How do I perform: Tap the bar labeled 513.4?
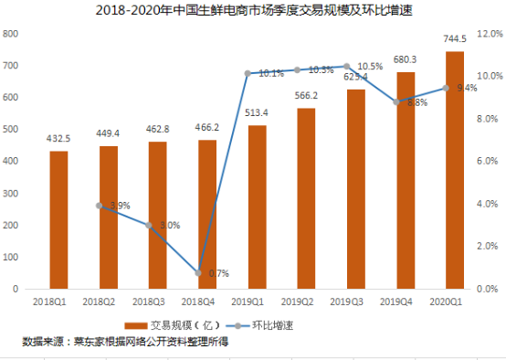tap(257, 206)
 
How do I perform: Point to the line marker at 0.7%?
tap(198, 273)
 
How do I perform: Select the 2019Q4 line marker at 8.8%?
tap(397, 102)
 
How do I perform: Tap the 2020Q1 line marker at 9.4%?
tap(447, 88)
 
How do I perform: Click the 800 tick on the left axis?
tap(12, 34)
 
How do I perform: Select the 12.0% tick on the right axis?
tap(490, 34)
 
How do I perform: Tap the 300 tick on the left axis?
tap(12, 193)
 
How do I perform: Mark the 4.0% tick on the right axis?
tap(490, 204)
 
